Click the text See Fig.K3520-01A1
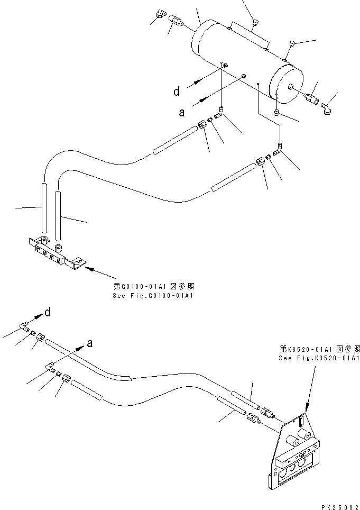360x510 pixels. click(x=319, y=358)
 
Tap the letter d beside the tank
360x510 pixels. click(x=177, y=92)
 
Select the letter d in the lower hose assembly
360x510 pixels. click(x=48, y=313)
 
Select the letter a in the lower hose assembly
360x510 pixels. click(x=89, y=343)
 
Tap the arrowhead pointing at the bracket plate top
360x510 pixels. click(x=307, y=408)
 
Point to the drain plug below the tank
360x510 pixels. click(x=276, y=112)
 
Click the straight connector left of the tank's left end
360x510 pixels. click(x=177, y=21)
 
